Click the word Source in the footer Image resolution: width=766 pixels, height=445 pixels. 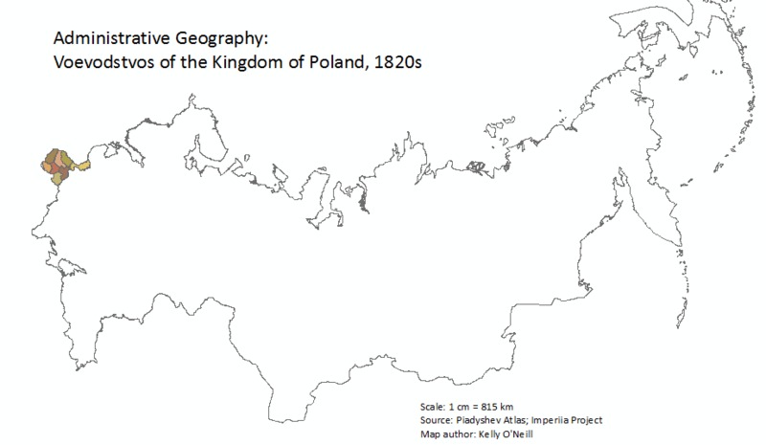(x=436, y=419)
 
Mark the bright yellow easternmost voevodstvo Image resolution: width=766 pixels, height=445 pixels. (x=83, y=167)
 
